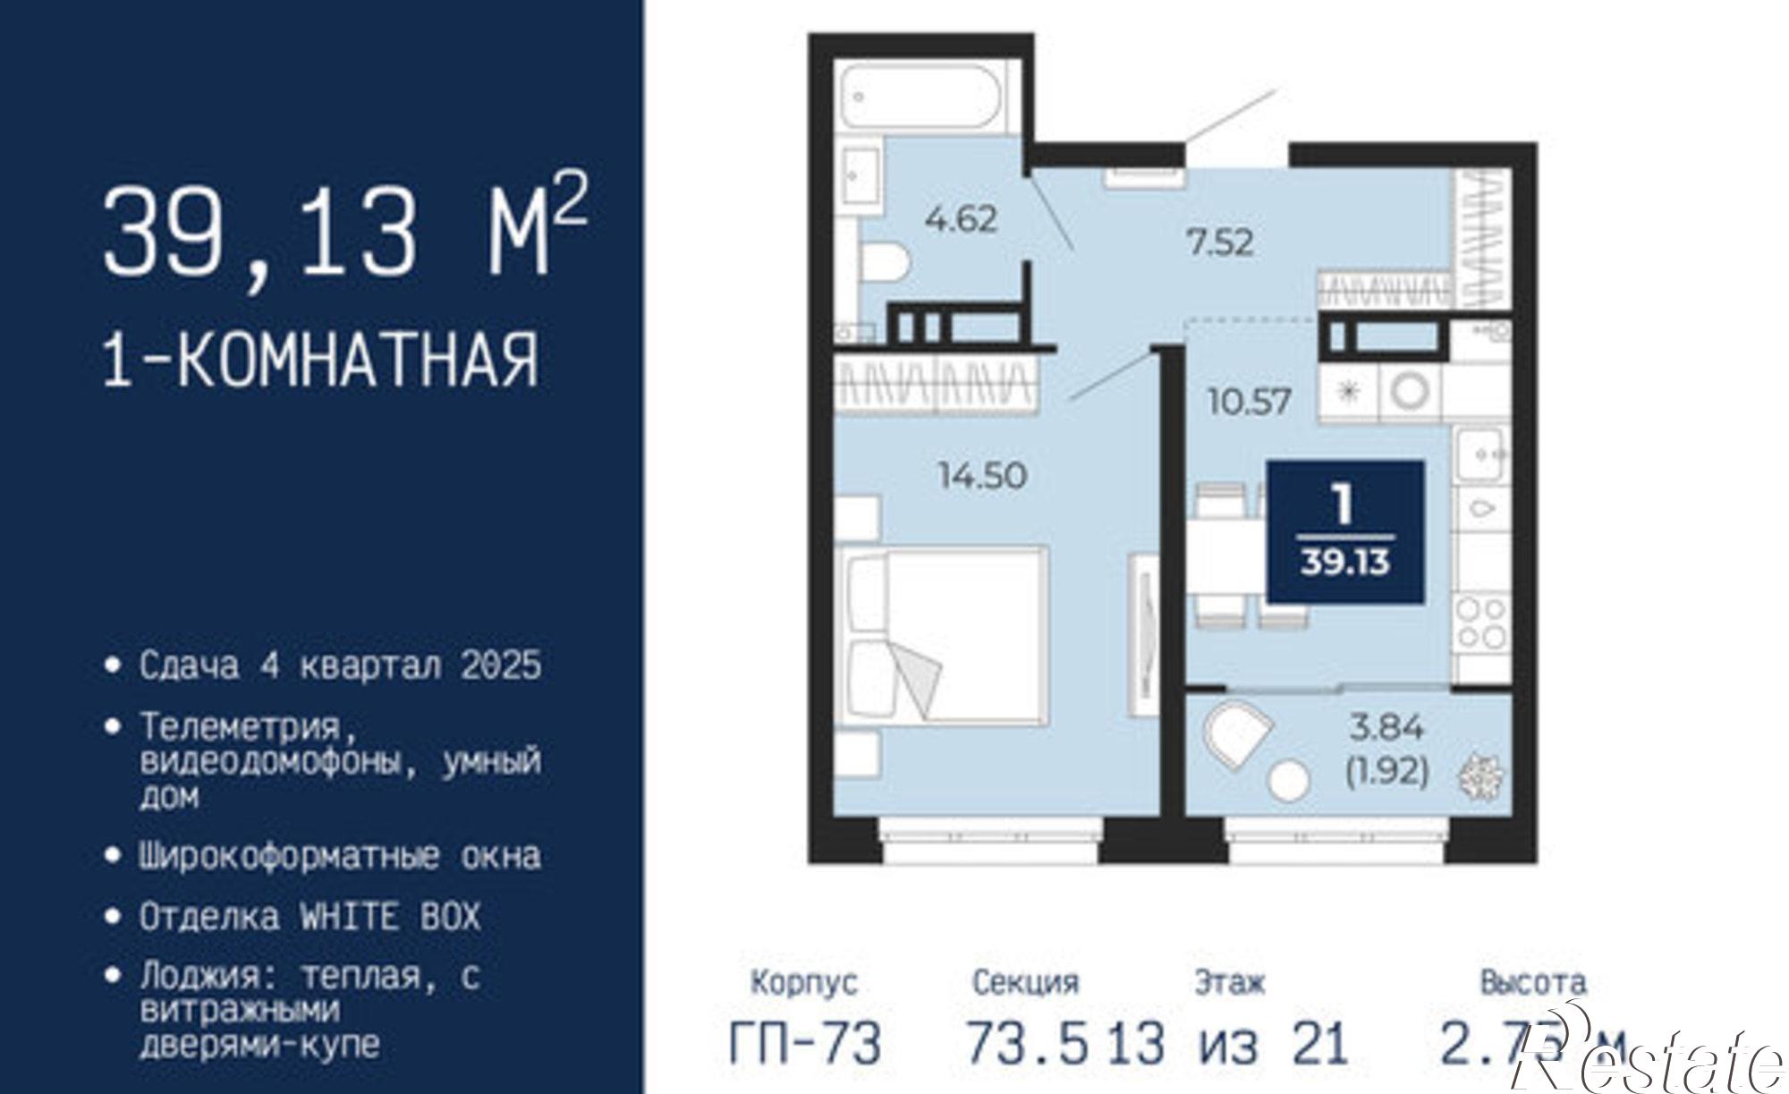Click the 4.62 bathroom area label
pos(961,218)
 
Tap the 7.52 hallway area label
pos(1220,242)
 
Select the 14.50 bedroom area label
pos(981,475)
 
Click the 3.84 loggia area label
pos(1386,727)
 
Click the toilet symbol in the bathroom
pos(885,262)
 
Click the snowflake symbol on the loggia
pos(1481,776)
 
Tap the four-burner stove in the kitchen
pos(1480,623)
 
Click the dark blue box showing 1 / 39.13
pos(1344,532)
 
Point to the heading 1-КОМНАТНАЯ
pos(321,359)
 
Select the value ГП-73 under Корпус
pos(804,1043)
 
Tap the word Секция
pos(1025,982)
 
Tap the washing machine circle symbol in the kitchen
pos(1411,391)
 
